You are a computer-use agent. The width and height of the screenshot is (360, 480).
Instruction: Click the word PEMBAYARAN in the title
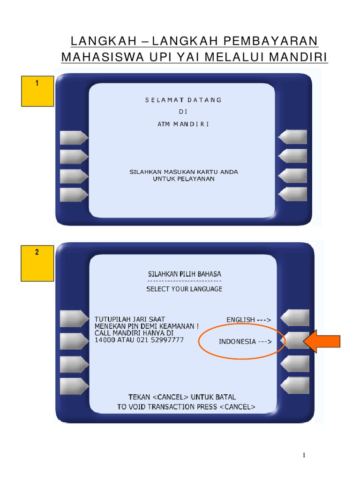271,41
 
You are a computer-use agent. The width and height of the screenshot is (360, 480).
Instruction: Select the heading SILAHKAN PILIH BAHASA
184,274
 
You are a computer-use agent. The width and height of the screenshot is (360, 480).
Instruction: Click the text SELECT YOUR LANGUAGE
184,289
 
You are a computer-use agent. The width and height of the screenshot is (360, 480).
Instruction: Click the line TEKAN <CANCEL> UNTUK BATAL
182,397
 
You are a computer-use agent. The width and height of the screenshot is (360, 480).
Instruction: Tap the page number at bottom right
304,455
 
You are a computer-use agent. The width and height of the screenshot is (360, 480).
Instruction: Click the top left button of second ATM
73,319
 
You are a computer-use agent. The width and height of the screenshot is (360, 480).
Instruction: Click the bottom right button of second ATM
295,385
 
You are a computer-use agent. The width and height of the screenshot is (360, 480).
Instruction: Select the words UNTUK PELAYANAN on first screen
184,179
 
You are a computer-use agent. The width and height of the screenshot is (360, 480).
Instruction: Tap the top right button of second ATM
295,318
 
